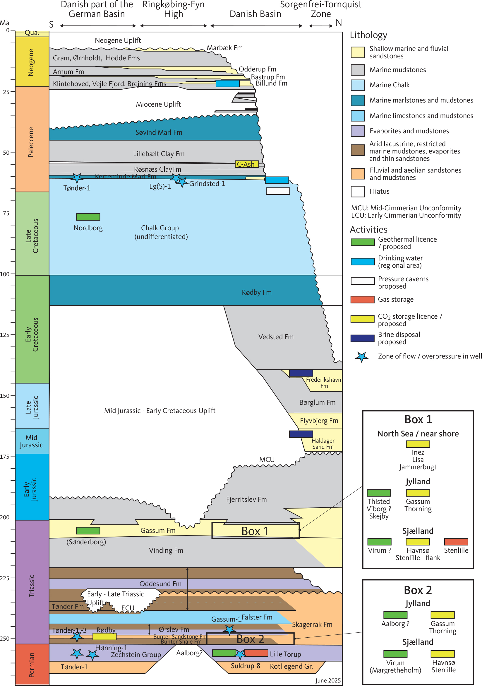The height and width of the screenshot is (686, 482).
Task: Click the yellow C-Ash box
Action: tap(246, 164)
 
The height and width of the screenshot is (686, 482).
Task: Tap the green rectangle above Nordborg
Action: tap(88, 217)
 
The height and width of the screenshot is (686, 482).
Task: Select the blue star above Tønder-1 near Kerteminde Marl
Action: tap(77, 178)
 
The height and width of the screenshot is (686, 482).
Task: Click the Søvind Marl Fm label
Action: tap(159, 132)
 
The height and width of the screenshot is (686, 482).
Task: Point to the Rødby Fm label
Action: tap(257, 292)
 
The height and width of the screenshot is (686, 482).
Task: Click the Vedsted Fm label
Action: tap(276, 337)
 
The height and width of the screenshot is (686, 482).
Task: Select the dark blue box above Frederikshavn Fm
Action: tap(301, 373)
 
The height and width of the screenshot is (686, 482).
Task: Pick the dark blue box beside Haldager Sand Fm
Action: tap(301, 434)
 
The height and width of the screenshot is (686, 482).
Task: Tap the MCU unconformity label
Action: tap(267, 459)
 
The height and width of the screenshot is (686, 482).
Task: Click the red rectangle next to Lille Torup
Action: tap(256, 653)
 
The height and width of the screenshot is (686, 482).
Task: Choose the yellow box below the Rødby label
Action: tap(104, 636)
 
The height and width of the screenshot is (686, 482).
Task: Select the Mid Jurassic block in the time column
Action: tap(32, 441)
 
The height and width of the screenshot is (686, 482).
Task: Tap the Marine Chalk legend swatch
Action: tap(358, 85)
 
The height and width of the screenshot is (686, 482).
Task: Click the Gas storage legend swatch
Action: tap(362, 299)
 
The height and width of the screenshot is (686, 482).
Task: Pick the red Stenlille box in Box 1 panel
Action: tap(456, 542)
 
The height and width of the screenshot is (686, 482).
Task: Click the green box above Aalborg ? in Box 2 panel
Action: tap(395, 615)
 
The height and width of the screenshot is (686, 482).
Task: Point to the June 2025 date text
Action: tap(328, 680)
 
